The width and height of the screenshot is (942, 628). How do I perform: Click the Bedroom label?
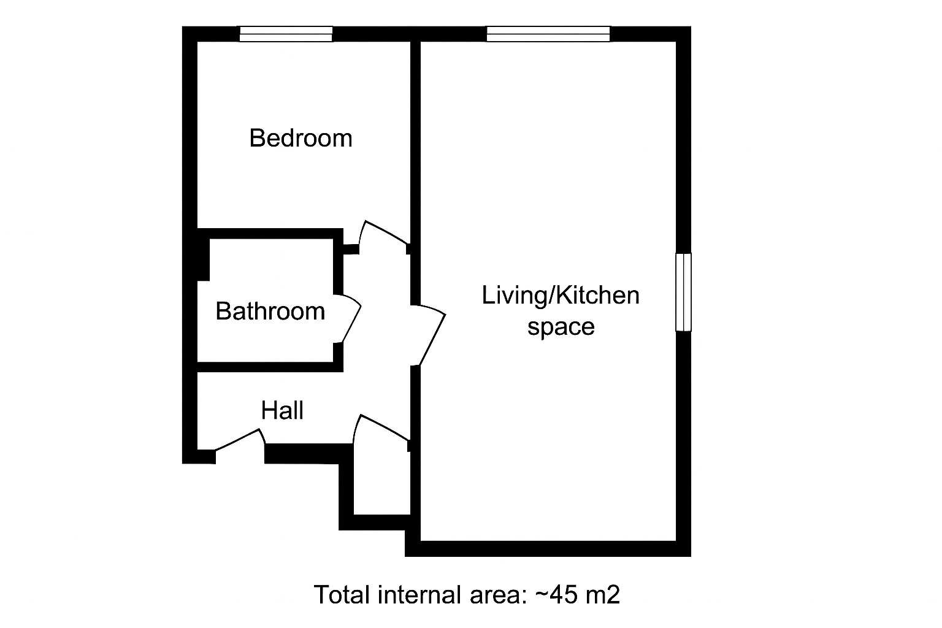[x=301, y=138]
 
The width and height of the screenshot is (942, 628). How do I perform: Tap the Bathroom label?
[x=270, y=312]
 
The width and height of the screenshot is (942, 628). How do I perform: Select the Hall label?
[x=282, y=410]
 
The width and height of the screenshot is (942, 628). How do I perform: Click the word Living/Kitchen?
[x=560, y=296]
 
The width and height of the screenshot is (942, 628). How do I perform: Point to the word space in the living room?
[x=561, y=327]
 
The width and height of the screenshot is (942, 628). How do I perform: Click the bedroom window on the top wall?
[x=286, y=34]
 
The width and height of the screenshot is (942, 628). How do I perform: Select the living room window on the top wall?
[x=548, y=34]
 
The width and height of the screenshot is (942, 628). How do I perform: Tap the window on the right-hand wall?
[x=683, y=293]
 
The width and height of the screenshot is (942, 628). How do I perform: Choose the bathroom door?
[x=350, y=319]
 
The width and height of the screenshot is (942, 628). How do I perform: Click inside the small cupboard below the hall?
[x=381, y=484]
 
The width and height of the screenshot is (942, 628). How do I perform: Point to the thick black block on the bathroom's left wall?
[x=203, y=259]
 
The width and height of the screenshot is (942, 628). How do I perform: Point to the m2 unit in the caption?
[x=602, y=595]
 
